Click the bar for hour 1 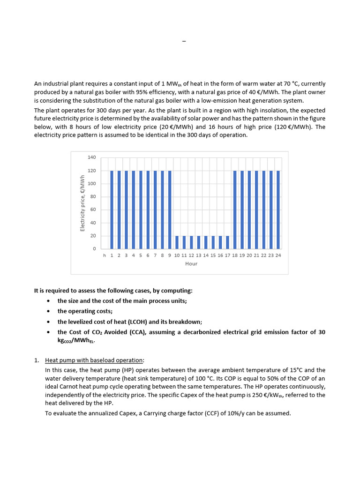pyautogui.click(x=112, y=210)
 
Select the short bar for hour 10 pyautogui.click(x=177, y=242)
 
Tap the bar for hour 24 pyautogui.click(x=278, y=210)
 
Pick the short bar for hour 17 pyautogui.click(x=227, y=242)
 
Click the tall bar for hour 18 pyautogui.click(x=235, y=210)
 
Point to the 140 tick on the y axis pyautogui.click(x=91, y=157)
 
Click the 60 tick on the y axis pyautogui.click(x=93, y=210)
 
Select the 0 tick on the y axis pyautogui.click(x=94, y=248)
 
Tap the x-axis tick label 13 pyautogui.click(x=198, y=255)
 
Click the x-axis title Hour pyautogui.click(x=191, y=264)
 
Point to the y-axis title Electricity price pyautogui.click(x=82, y=203)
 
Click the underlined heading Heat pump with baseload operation pyautogui.click(x=94, y=360)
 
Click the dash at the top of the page pyautogui.click(x=184, y=42)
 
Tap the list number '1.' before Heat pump pyautogui.click(x=37, y=360)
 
